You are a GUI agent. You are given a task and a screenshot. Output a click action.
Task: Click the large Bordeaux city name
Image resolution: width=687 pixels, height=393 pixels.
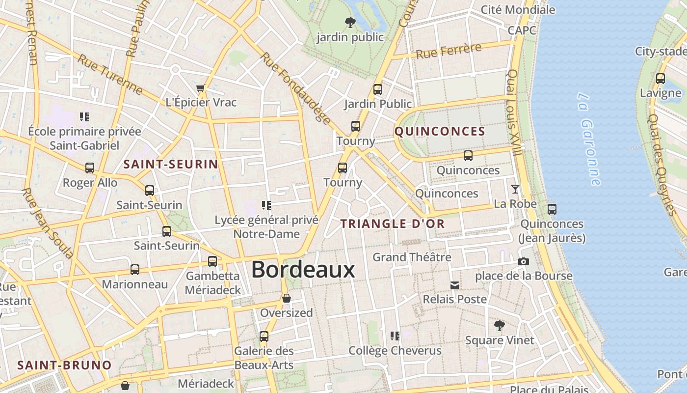point(303,270)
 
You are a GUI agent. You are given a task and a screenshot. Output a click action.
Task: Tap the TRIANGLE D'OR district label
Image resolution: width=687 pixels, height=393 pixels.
point(393,224)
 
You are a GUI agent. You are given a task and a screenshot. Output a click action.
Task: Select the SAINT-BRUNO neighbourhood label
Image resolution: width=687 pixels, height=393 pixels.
point(64,365)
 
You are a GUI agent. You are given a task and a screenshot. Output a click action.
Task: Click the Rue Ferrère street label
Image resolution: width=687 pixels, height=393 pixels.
point(449,51)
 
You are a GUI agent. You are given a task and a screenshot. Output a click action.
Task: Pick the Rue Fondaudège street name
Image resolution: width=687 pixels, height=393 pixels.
point(295,88)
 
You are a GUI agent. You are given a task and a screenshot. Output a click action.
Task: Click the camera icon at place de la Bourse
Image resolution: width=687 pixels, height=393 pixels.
point(524,261)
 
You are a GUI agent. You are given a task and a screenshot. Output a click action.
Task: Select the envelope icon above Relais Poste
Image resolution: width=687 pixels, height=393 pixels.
point(455,285)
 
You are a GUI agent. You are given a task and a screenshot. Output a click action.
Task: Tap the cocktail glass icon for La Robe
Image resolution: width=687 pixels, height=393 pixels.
point(515,189)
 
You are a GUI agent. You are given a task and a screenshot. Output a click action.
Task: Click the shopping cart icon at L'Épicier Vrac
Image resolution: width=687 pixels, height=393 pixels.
point(200,88)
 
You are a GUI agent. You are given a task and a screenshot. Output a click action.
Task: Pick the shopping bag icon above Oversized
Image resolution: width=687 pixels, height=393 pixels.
point(287,298)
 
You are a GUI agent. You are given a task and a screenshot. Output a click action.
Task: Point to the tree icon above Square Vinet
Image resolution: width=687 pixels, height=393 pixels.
point(500,325)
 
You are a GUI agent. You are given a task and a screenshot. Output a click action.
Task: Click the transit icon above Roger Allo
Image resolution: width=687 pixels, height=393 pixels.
point(90,168)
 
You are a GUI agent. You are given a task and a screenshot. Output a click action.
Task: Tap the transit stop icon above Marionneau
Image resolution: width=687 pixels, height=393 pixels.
point(135,269)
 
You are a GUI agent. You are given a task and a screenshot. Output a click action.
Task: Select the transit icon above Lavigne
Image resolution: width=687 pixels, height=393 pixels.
point(660,79)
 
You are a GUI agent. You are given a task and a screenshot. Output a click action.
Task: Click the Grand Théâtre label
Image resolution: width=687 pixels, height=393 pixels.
point(412,257)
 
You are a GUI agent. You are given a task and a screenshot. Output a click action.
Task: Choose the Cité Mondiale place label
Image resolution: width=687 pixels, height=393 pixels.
point(518,10)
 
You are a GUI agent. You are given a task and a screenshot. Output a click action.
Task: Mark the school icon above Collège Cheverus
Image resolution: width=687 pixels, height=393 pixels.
point(395,336)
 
